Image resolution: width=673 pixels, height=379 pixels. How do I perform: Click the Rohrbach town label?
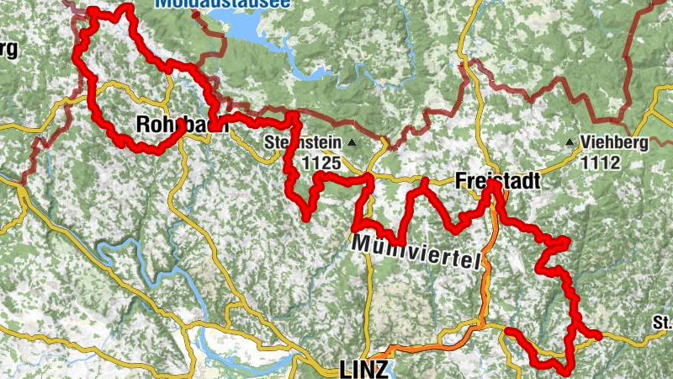[172, 125]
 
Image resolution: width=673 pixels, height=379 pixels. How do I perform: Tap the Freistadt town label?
[496, 180]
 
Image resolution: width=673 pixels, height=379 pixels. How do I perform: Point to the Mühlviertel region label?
[418, 252]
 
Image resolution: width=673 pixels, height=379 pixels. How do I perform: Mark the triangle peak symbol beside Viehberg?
[572, 142]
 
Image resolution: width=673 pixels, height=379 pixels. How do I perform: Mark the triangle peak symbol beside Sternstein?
[352, 142]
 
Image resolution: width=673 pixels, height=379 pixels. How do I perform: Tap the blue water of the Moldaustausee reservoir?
[252, 29]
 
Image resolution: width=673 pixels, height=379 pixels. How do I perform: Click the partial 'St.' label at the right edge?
[662, 322]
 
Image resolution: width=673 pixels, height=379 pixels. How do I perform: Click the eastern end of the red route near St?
[599, 336]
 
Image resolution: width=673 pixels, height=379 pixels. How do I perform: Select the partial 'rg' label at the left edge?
[8, 49]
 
